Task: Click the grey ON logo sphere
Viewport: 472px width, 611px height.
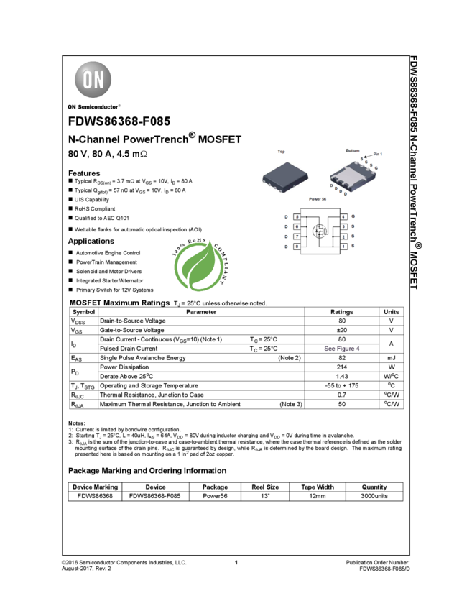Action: [x=93, y=80]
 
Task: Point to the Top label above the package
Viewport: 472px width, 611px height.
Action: [x=281, y=152]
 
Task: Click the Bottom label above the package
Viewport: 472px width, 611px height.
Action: [x=352, y=150]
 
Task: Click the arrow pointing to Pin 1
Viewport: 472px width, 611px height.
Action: [x=367, y=157]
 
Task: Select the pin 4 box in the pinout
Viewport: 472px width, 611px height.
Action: [x=344, y=216]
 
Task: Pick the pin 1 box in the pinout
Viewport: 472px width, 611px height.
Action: [x=344, y=247]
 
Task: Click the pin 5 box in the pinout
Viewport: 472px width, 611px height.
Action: [x=297, y=216]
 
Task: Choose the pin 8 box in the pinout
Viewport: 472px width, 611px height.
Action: [x=297, y=247]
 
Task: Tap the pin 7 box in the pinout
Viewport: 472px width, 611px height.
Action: [x=297, y=236]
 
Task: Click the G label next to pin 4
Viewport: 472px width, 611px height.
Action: [x=353, y=216]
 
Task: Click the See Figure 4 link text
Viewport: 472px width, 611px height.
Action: [x=342, y=349]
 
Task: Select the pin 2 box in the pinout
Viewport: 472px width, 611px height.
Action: [x=344, y=236]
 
